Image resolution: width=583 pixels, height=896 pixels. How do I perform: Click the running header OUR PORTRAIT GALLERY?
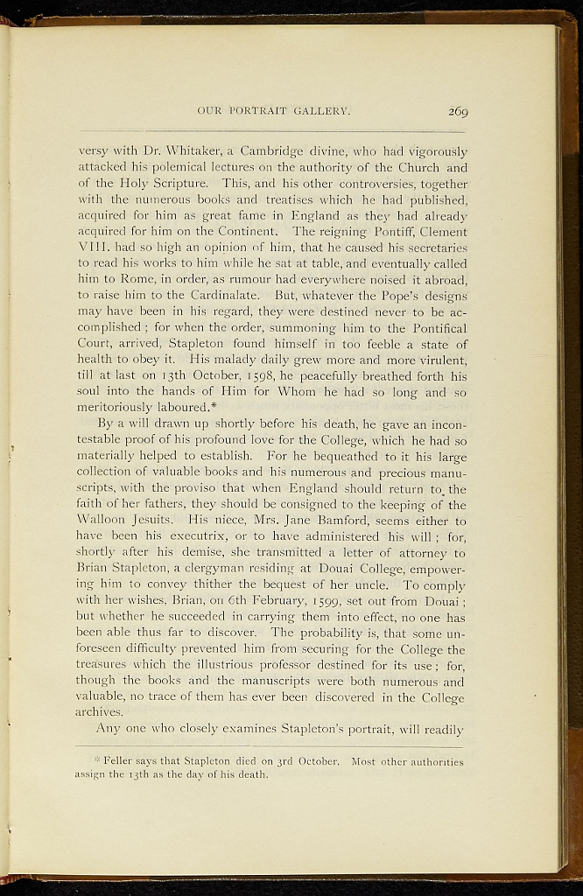click(x=274, y=111)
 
